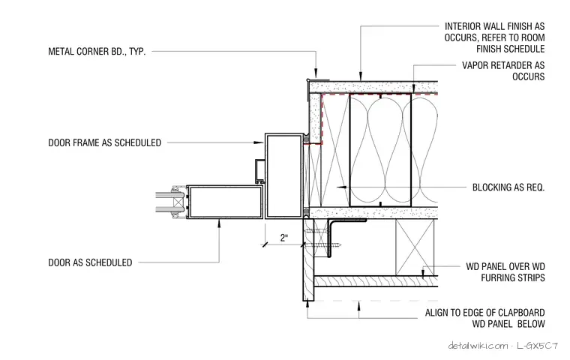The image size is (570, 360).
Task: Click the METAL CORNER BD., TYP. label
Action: coord(97,51)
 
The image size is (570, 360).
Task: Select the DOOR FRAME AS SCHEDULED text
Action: coord(105,142)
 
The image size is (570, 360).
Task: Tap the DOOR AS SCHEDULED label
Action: coord(90,262)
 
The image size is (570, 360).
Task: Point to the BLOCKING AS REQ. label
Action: coord(508,187)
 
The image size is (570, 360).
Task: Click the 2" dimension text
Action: coord(284,238)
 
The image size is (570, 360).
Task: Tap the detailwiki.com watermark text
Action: coord(478,346)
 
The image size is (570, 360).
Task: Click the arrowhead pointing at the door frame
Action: coord(259,142)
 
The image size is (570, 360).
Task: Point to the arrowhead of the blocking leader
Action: coord(342,187)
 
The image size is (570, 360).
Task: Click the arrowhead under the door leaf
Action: coord(219,223)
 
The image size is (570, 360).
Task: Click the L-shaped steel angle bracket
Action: coord(330,236)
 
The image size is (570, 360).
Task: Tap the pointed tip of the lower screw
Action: coord(340,245)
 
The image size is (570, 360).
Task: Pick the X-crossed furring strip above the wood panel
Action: coord(415,247)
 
